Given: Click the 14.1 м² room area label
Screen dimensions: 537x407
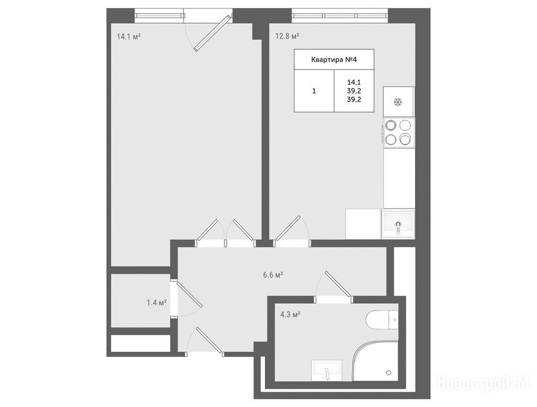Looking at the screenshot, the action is click(x=129, y=36).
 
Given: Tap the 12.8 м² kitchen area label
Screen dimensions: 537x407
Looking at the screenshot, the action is click(x=288, y=36).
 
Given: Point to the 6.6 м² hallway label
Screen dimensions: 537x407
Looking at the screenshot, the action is click(x=273, y=275).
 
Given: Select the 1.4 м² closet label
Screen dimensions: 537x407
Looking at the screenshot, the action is click(x=156, y=303).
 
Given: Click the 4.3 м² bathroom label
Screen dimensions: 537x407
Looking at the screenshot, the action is click(x=290, y=314).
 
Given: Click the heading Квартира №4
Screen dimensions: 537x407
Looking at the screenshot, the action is click(x=334, y=59).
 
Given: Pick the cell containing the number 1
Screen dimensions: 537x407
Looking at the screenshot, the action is click(x=314, y=91).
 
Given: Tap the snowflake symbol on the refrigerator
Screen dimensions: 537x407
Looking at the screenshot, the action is click(x=398, y=102).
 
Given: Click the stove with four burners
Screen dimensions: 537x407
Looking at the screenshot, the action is click(x=399, y=133).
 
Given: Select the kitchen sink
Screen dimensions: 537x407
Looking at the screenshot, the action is click(x=398, y=224).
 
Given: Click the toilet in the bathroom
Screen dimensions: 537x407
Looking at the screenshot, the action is click(x=382, y=320).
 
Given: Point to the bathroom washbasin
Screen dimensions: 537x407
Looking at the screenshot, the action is click(x=327, y=371).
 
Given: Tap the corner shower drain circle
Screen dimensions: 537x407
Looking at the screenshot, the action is click(x=389, y=373).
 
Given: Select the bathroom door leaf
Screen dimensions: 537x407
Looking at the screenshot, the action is click(x=338, y=284).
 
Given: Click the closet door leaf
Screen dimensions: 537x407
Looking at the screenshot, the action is click(x=190, y=294).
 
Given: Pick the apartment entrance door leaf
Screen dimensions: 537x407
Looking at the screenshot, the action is click(x=208, y=340).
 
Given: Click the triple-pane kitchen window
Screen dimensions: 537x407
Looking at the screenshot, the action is click(x=340, y=15).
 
